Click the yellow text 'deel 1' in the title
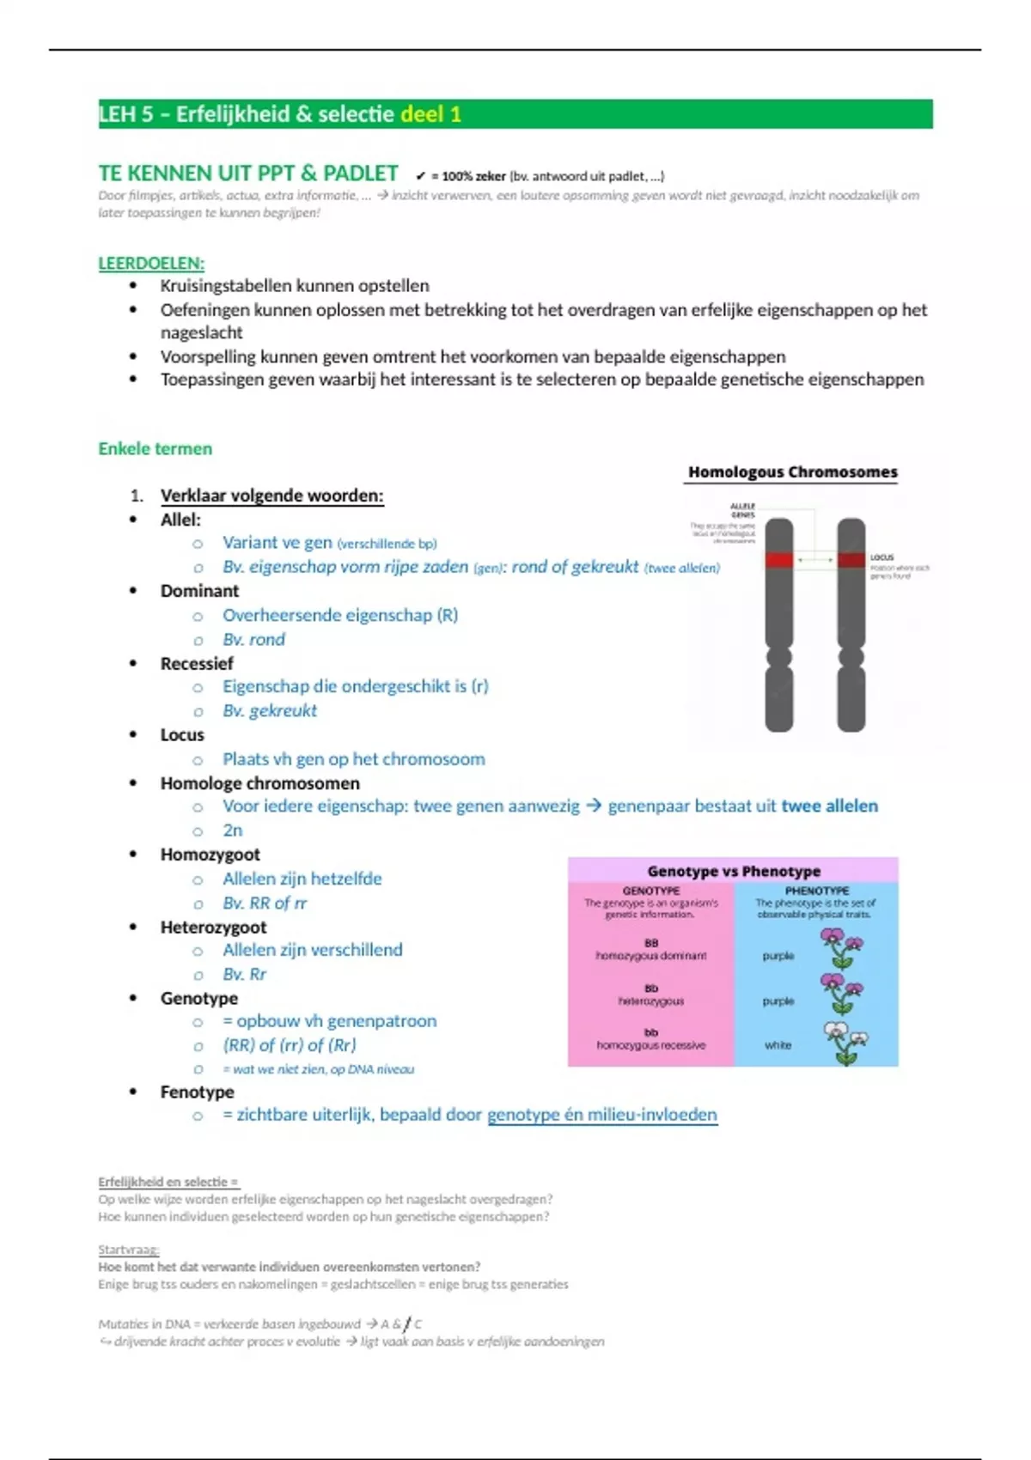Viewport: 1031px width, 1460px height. coord(430,114)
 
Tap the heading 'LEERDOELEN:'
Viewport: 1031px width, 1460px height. coord(151,264)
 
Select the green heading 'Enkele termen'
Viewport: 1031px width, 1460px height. coord(155,448)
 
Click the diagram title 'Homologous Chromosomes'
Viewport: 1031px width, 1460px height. coord(792,471)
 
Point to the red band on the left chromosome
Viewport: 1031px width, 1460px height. coord(778,560)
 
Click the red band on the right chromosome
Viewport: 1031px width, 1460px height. coord(851,560)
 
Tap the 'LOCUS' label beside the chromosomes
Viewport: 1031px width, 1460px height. coord(882,557)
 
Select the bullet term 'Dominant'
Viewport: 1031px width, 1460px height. coord(199,591)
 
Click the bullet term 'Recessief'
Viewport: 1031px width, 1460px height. coord(197,663)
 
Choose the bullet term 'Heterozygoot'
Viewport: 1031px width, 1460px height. coord(213,927)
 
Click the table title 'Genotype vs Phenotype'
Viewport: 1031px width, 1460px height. coord(734,871)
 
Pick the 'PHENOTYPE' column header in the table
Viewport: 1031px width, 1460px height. coord(816,891)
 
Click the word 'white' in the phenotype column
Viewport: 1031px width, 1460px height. coord(778,1045)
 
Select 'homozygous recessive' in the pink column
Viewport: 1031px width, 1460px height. coord(650,1045)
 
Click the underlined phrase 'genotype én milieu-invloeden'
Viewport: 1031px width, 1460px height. coord(601,1115)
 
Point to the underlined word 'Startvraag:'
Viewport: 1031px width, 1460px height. coord(129,1250)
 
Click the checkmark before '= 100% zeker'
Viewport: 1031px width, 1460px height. coord(421,176)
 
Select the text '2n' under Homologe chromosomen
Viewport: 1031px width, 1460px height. coord(232,830)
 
